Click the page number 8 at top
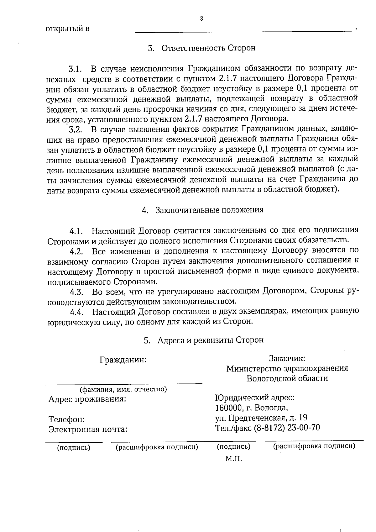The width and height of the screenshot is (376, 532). coord(201,18)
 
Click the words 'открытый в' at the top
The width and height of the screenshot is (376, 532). coord(68,29)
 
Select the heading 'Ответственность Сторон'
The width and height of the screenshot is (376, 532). coord(208,48)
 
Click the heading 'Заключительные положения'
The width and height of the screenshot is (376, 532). coord(209,210)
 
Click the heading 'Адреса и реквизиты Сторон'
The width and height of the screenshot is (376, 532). coord(210,340)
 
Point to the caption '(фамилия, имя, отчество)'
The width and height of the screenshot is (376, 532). coord(123,389)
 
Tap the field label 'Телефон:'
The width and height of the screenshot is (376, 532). coord(66,419)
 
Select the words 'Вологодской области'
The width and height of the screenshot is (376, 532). coord(287,378)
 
